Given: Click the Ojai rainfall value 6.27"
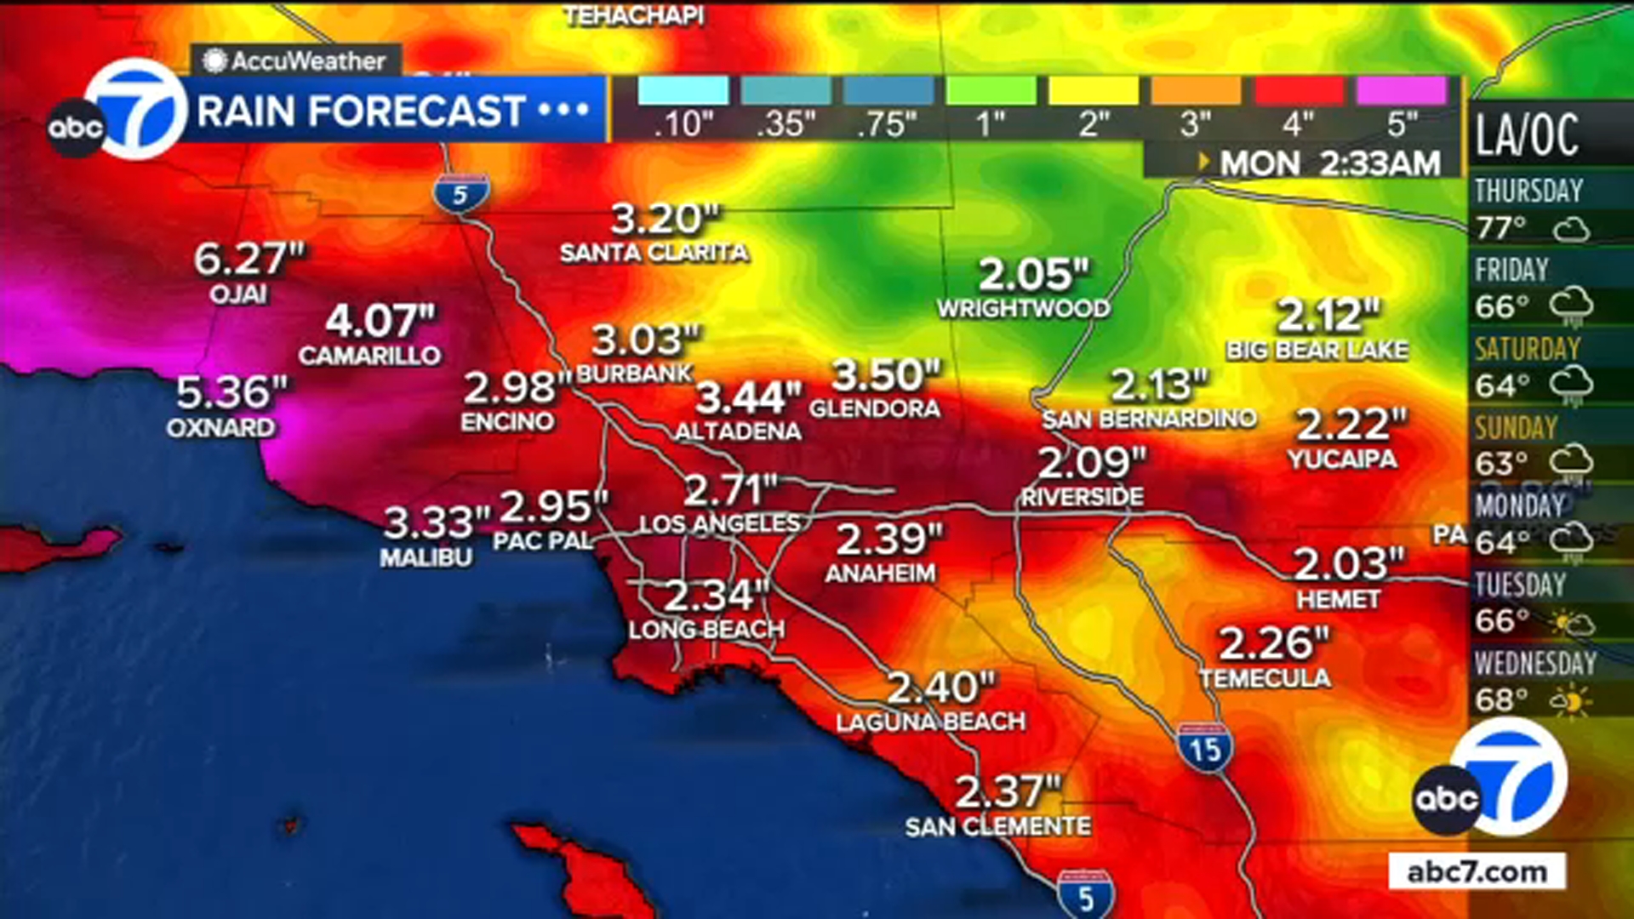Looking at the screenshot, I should [249, 260].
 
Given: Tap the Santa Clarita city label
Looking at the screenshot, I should [654, 253].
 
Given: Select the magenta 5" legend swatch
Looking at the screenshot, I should [1401, 91].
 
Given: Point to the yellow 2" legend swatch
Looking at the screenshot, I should [1094, 91].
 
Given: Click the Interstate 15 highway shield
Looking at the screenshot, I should [1206, 748].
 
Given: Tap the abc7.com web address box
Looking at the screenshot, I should [1477, 872].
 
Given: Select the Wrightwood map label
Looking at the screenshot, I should [1023, 308].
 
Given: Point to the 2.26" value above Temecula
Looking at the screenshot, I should [1273, 644].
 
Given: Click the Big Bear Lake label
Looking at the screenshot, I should [1317, 350].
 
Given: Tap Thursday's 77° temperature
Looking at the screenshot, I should [1501, 228].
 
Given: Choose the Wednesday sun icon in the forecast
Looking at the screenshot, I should [1571, 702].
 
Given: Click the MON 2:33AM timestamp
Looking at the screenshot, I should [1329, 163].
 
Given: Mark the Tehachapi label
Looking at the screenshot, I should [634, 16].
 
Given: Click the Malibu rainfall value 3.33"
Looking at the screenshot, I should [437, 522].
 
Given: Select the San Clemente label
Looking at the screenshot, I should [997, 826].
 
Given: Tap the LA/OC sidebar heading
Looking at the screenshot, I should [1527, 135].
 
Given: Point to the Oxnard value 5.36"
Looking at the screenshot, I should [231, 393].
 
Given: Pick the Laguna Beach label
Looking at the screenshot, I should [930, 722].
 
